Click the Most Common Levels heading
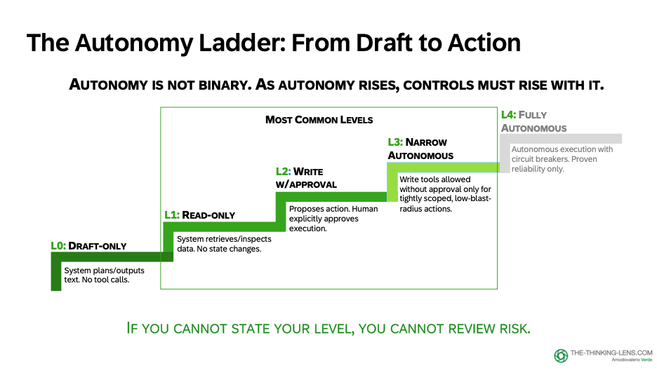(x=319, y=120)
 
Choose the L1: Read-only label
(x=200, y=214)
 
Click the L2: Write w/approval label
(x=306, y=177)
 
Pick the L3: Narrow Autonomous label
(x=420, y=149)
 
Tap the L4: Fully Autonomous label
(x=533, y=121)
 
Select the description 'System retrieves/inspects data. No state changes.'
(x=223, y=244)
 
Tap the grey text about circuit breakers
(x=562, y=159)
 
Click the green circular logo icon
(x=561, y=355)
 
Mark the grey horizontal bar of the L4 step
(x=562, y=138)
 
